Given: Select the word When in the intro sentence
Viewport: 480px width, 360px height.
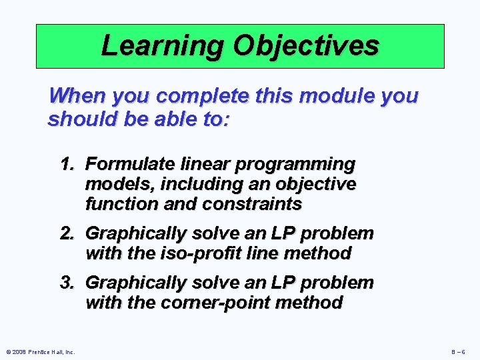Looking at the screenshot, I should (77, 96).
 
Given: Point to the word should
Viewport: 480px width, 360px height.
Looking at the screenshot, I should (79, 119).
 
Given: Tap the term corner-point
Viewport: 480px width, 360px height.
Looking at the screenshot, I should (198, 303).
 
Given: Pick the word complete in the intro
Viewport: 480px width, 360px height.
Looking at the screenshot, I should (204, 96).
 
